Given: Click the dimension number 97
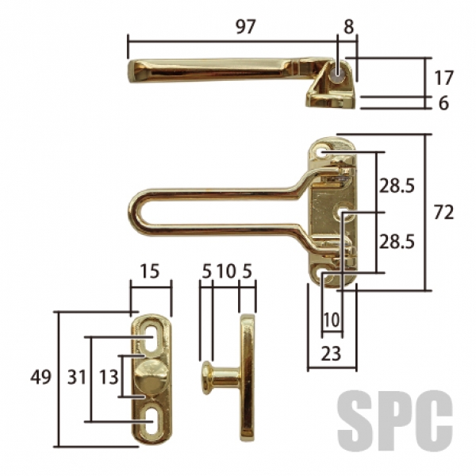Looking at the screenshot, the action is (246, 27).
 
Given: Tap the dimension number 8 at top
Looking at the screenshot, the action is (349, 27).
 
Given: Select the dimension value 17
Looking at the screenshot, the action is (443, 78).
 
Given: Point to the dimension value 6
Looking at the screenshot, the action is (443, 103).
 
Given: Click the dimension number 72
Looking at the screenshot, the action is (443, 212).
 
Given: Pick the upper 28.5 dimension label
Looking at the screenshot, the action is (397, 186).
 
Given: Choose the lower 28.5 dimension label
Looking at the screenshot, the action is (397, 242).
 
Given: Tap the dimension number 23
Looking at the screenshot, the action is (331, 353).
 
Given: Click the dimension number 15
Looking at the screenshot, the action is (150, 271).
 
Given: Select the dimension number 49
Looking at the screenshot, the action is (41, 378).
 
